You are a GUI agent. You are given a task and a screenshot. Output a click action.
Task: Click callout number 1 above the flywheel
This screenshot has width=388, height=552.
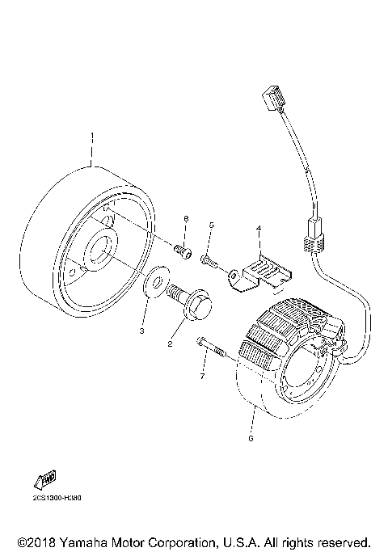tap(92, 136)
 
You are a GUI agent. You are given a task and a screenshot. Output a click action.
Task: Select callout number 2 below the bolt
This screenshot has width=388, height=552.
tap(171, 343)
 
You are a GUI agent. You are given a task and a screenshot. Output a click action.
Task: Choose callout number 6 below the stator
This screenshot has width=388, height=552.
tap(251, 438)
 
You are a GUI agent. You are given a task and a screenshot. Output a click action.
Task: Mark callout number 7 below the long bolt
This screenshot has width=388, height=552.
tap(203, 377)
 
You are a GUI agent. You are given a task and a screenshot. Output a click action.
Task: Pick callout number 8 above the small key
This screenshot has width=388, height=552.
tap(185, 220)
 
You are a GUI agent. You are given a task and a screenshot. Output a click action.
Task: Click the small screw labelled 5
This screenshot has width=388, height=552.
tap(210, 260)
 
